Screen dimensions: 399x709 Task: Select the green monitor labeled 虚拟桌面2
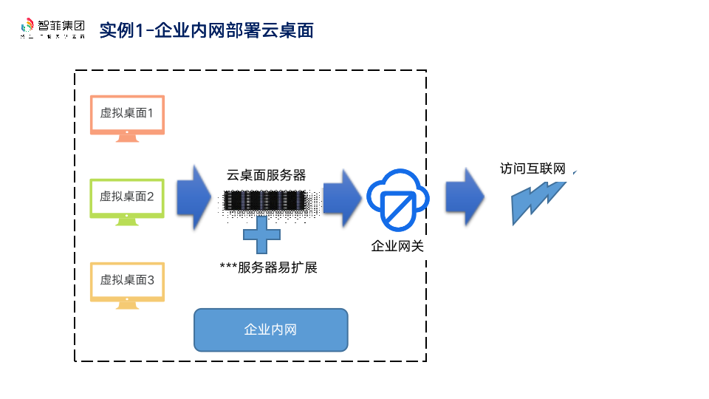click(127, 197)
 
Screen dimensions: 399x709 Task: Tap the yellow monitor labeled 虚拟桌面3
click(127, 280)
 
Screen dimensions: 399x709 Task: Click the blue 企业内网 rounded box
click(270, 330)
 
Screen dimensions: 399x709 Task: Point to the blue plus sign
click(262, 235)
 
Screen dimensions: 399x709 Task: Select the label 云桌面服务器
click(266, 175)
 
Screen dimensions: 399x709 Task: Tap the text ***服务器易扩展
click(268, 267)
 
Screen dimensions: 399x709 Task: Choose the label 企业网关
click(397, 246)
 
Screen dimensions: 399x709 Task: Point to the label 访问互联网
click(532, 169)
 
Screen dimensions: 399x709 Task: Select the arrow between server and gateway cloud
click(341, 198)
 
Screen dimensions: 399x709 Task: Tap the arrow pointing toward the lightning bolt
click(465, 198)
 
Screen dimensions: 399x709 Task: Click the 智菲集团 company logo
click(52, 29)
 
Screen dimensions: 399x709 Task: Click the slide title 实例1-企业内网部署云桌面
click(206, 30)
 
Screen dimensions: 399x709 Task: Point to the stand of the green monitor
click(127, 221)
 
